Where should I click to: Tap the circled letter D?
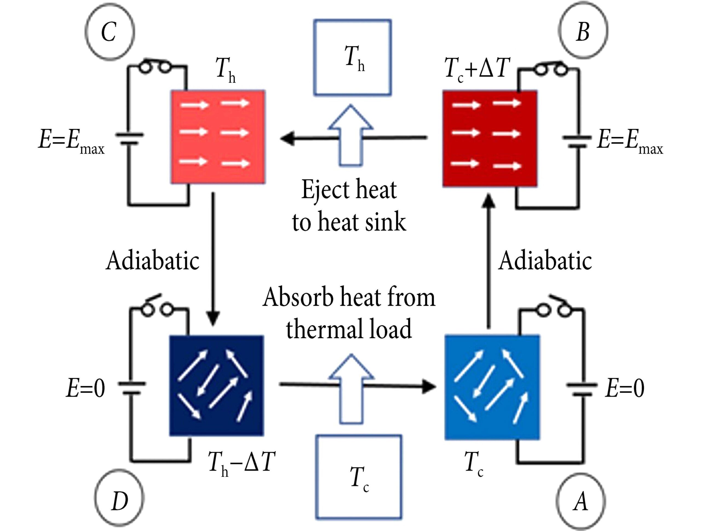(119, 501)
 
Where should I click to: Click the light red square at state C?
(218, 137)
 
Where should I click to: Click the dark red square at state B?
(490, 138)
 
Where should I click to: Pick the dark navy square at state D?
(216, 386)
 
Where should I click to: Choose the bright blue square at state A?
(492, 387)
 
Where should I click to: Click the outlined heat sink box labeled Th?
(352, 58)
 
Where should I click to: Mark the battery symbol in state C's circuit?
(129, 139)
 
